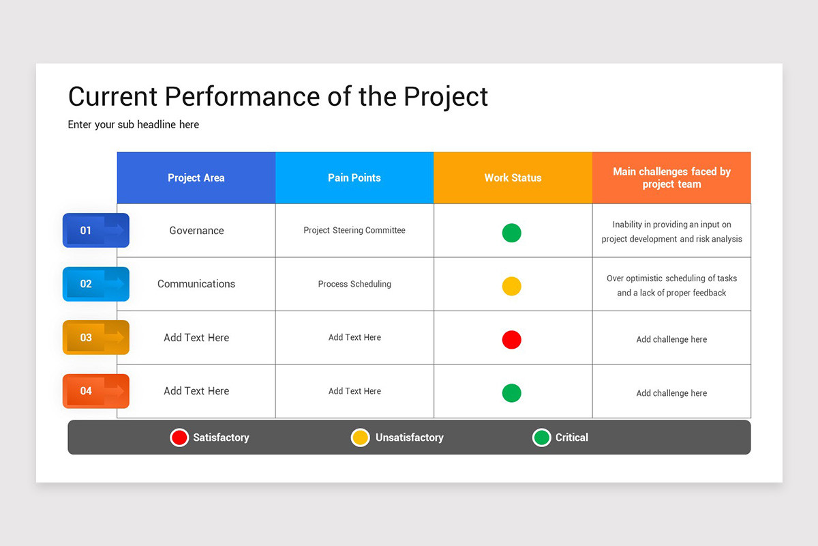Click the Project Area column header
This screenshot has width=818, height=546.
coord(196,177)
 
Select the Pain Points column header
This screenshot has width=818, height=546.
coord(354,177)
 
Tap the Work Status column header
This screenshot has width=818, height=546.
coord(513,177)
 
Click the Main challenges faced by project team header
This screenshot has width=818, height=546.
coord(671,177)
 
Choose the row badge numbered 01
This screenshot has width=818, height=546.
coord(95,231)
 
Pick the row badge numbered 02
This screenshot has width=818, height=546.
coord(95,284)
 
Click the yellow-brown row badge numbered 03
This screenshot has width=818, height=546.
coord(95,337)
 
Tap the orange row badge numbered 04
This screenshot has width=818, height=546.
coord(95,391)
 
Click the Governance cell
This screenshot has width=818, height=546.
coord(196,231)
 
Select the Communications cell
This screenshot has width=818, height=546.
coord(196,284)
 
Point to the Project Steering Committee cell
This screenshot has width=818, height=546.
coord(354,231)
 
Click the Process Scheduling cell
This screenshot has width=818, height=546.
coord(354,284)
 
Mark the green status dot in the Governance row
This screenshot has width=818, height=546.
coord(512,233)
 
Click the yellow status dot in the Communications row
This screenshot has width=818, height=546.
coord(512,286)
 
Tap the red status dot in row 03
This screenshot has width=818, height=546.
coord(512,340)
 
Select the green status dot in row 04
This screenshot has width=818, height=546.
coord(512,393)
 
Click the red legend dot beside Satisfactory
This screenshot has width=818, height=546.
coord(179,437)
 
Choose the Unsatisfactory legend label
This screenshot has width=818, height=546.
coord(409,437)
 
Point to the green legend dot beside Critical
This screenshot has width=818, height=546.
coord(541,437)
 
